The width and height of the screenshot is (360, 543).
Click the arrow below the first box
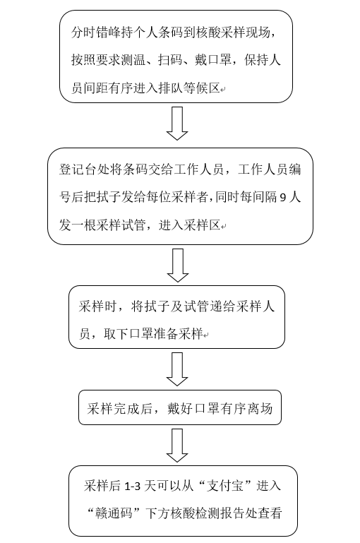(177, 124)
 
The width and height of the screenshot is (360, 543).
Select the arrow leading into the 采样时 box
(178, 265)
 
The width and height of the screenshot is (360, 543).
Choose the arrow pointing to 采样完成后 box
(177, 369)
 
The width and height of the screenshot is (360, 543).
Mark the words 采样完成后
(119, 409)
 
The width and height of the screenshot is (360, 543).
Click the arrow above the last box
(177, 446)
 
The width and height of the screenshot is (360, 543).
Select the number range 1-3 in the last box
(132, 487)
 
